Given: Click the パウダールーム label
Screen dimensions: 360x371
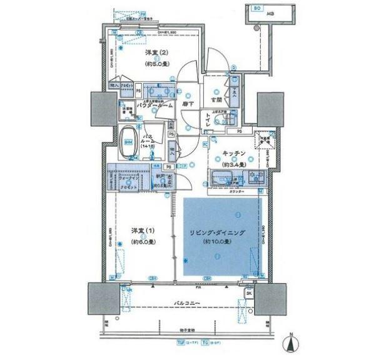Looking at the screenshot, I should [x=152, y=106].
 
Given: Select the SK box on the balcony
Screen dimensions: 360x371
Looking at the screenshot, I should [x=248, y=292].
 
